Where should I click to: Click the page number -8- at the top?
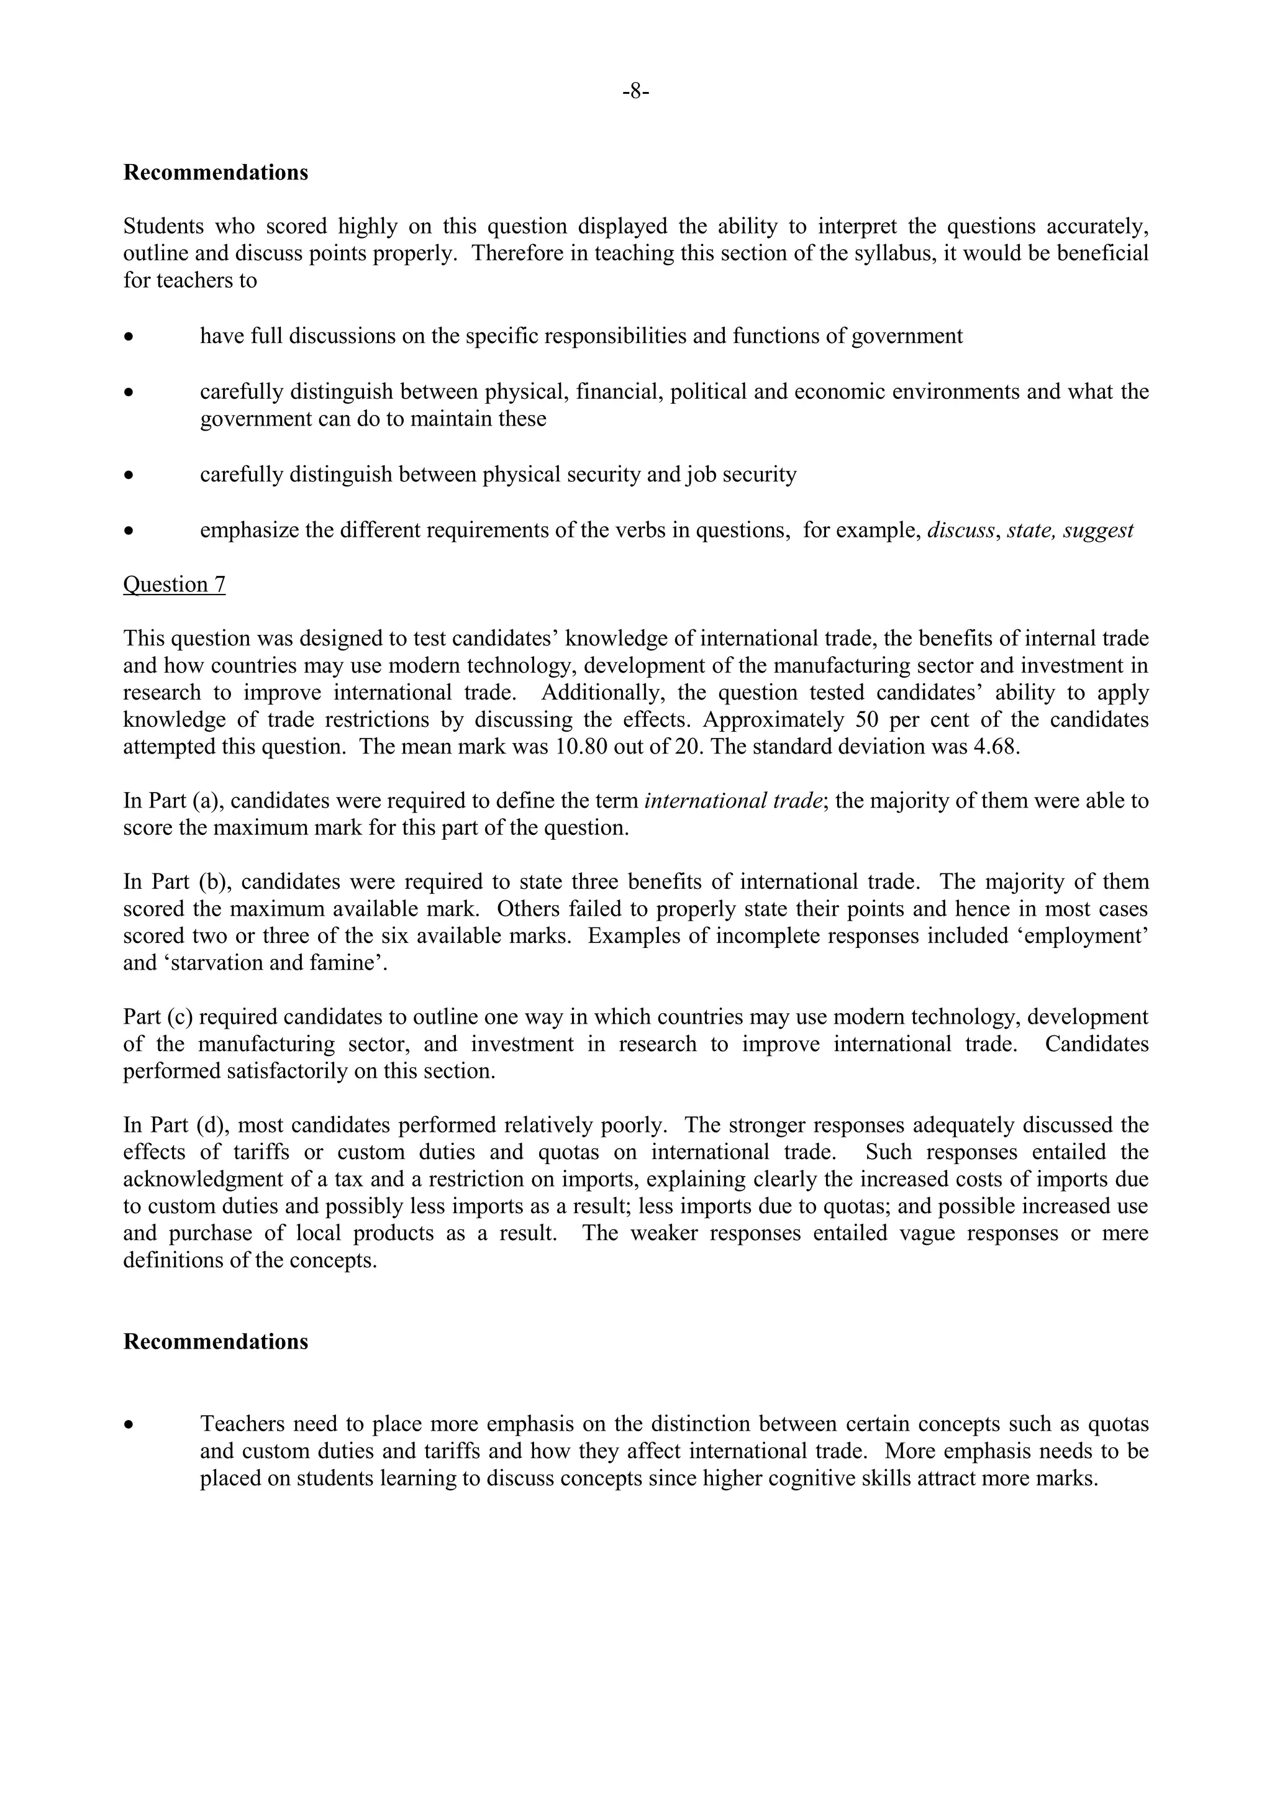pos(635,93)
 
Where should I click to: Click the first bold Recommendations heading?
pos(216,172)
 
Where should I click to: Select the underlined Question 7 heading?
pos(174,585)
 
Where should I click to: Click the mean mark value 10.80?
pos(581,747)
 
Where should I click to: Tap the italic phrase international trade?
pos(733,801)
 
